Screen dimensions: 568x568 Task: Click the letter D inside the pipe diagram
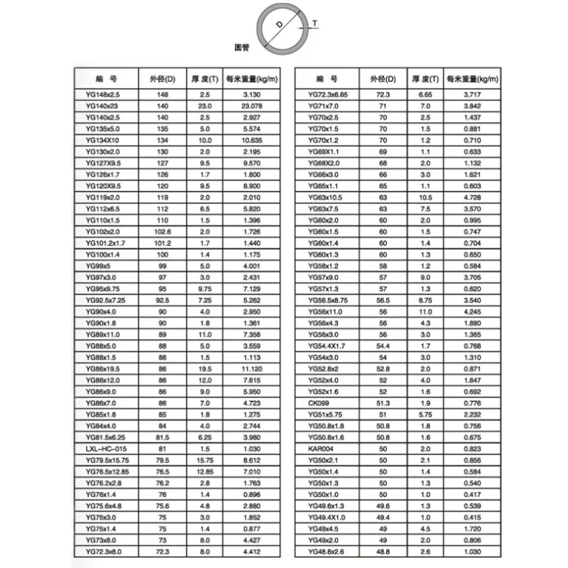(x=279, y=25)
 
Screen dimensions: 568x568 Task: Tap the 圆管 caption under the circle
(x=242, y=47)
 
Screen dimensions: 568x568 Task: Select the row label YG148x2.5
(x=103, y=94)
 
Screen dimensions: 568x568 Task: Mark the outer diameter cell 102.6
(x=163, y=232)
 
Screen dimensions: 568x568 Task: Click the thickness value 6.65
(x=425, y=94)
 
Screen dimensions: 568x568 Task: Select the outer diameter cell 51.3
(x=383, y=403)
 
